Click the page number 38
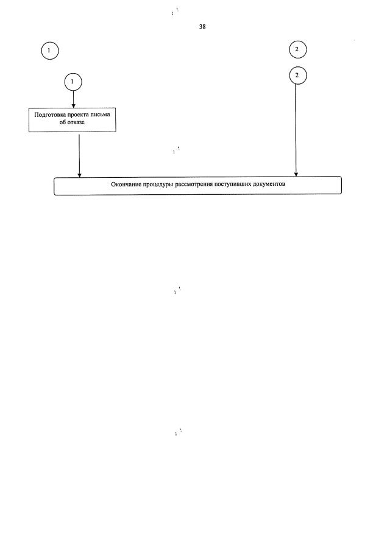point(202,26)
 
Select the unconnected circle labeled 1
point(50,51)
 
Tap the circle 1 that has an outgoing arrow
point(73,82)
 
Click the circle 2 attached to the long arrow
point(296,75)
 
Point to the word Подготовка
point(51,114)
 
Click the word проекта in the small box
point(83,114)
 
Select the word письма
point(106,114)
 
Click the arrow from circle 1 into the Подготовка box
point(73,99)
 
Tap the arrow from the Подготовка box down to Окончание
point(79,155)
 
